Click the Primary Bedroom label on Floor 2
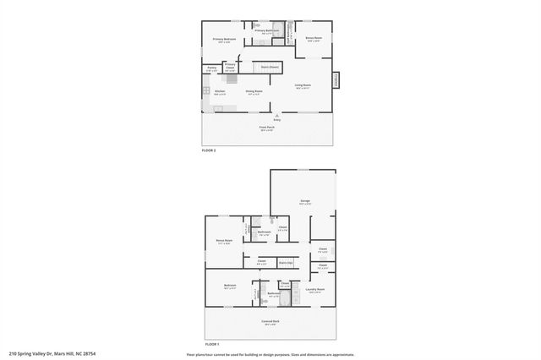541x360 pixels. pos(223,40)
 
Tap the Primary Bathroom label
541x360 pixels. pos(266,31)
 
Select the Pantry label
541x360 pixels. pos(211,68)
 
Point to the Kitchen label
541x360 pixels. pos(220,91)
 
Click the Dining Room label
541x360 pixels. pos(254,91)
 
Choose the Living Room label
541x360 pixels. pos(303,85)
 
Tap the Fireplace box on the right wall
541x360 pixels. pos(336,79)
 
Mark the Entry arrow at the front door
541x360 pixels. pos(276,117)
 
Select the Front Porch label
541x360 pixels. pos(267,128)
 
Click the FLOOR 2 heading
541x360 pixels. pos(209,150)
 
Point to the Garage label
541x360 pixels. pos(303,201)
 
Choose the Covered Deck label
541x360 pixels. pos(270,322)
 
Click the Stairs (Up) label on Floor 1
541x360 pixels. pos(286,263)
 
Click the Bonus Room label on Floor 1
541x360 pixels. pos(224,242)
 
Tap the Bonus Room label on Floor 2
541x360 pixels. pos(314,39)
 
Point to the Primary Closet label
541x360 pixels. pos(230,68)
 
